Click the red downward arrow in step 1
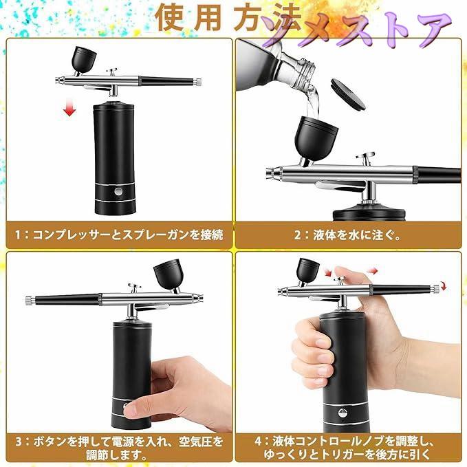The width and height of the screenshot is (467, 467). [69, 107]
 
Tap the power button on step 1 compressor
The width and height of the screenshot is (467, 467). [119, 191]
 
